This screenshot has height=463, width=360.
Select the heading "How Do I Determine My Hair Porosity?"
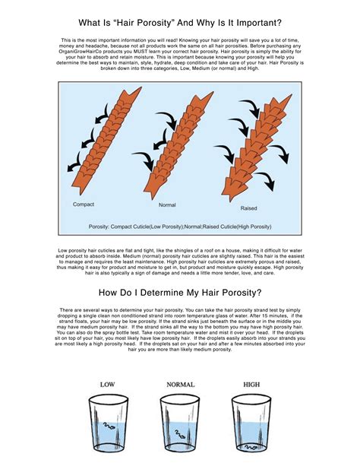pyautogui.click(x=179, y=293)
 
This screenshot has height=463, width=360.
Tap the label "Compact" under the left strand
pyautogui.click(x=84, y=205)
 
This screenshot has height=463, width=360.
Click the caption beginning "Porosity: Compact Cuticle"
pyautogui.click(x=179, y=225)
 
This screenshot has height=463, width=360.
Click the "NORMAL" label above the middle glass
pyautogui.click(x=179, y=385)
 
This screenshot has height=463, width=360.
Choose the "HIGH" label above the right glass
pyautogui.click(x=251, y=385)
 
